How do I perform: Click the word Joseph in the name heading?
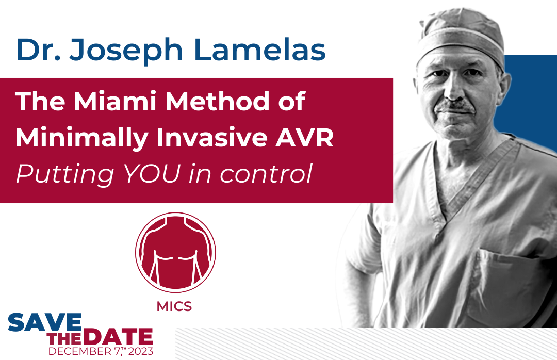coord(126,51)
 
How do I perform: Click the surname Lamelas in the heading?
coord(260,49)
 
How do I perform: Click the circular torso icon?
coord(175,252)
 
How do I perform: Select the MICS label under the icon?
coord(174,306)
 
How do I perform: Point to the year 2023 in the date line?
coord(141,351)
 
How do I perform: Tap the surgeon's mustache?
coord(455,106)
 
